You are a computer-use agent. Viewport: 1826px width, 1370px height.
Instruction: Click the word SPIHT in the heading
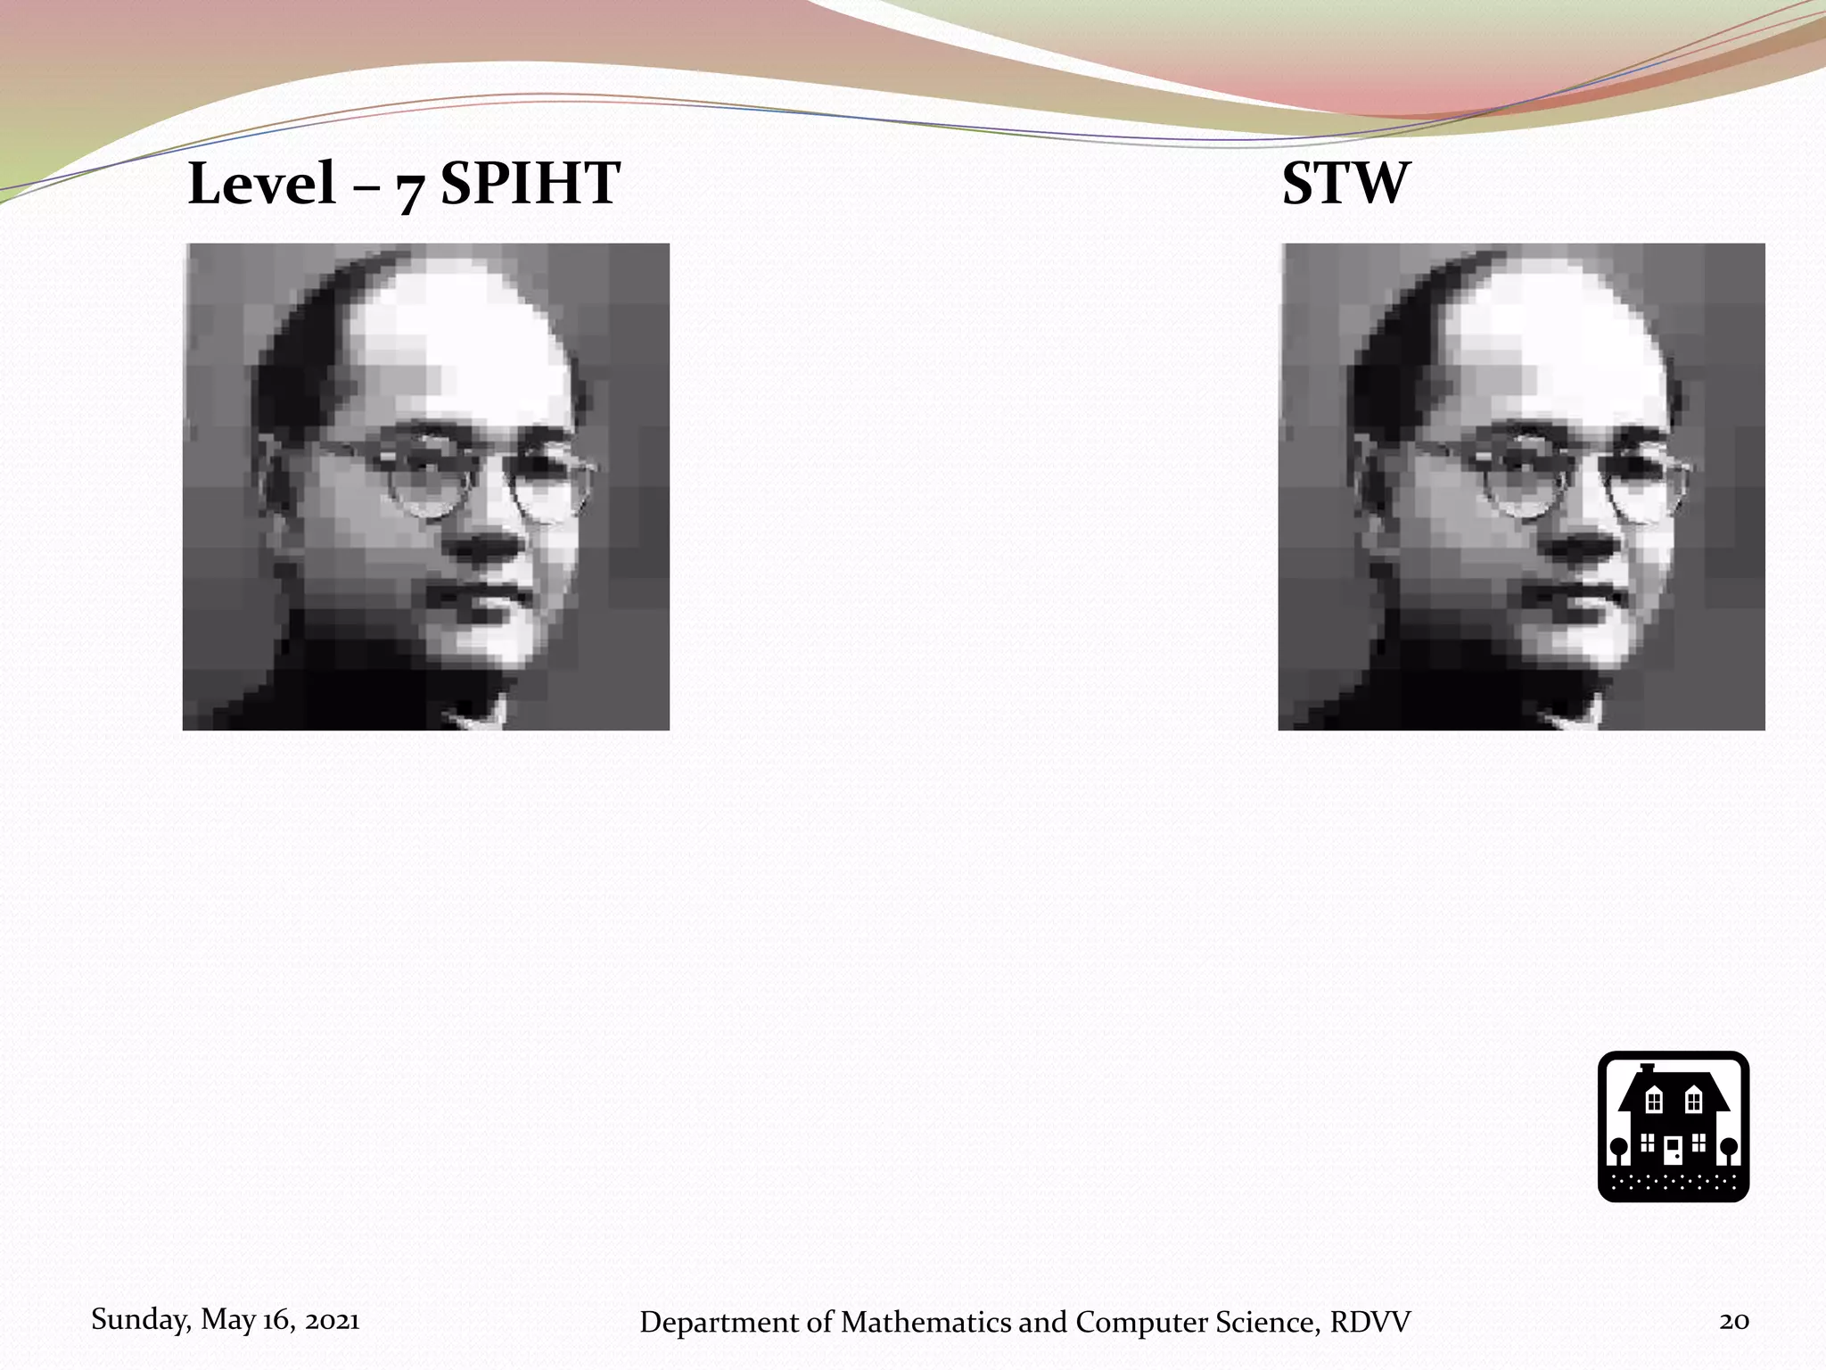click(x=530, y=184)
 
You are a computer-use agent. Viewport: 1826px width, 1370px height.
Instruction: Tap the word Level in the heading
click(x=261, y=184)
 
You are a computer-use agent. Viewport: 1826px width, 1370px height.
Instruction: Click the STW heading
click(x=1346, y=184)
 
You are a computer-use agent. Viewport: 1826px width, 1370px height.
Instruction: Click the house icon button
click(x=1673, y=1127)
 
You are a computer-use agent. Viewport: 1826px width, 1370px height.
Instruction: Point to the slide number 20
click(x=1734, y=1321)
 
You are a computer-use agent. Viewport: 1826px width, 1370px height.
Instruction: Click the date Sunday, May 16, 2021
click(x=226, y=1319)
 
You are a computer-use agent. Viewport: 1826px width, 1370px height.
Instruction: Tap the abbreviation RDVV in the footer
click(x=1370, y=1322)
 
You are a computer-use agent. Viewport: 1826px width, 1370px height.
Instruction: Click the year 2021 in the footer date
click(x=332, y=1319)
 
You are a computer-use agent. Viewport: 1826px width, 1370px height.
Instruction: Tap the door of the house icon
click(x=1673, y=1151)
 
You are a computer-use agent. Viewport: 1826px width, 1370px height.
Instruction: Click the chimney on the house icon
click(x=1648, y=1069)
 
